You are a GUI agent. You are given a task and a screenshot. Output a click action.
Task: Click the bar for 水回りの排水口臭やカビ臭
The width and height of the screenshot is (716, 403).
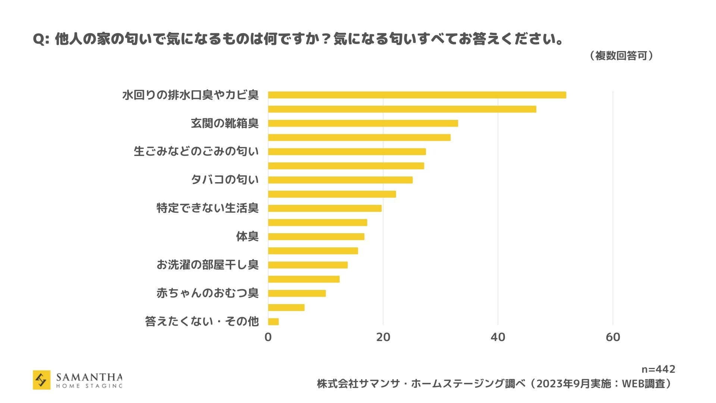417,95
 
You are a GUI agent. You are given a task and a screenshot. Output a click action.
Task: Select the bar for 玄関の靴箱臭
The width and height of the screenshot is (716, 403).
363,123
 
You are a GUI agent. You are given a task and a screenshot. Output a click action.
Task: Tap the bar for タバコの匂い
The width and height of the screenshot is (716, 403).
340,180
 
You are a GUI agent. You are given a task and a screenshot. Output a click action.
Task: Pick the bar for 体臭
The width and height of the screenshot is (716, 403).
316,237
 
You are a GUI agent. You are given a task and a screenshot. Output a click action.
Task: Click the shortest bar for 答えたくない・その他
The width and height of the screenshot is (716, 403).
273,322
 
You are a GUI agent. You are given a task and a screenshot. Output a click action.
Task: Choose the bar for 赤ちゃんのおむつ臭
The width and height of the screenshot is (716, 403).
297,293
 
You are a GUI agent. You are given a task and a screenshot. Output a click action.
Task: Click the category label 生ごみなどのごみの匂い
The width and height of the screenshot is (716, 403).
196,151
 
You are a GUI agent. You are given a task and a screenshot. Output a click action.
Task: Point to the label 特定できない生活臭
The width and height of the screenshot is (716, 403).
207,208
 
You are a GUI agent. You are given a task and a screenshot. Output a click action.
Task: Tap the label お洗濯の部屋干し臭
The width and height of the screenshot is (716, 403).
207,265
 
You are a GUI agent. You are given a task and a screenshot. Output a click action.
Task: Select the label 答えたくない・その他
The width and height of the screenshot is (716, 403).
202,322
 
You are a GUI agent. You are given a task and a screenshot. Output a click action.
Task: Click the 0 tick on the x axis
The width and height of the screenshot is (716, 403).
268,337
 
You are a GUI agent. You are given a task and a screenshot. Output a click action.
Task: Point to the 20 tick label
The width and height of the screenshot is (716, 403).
383,337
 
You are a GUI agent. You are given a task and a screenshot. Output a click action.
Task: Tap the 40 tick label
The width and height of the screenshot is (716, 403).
498,337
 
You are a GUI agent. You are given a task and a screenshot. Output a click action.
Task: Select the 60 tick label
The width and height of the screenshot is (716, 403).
613,337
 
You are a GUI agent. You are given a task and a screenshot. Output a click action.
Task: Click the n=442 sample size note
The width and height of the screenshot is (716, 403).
658,369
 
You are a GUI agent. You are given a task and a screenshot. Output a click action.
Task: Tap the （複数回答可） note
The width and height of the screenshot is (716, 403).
621,56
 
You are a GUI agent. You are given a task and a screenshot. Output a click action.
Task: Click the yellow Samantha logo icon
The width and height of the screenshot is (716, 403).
41,380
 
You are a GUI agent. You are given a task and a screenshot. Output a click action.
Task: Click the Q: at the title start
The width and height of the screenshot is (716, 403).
41,40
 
